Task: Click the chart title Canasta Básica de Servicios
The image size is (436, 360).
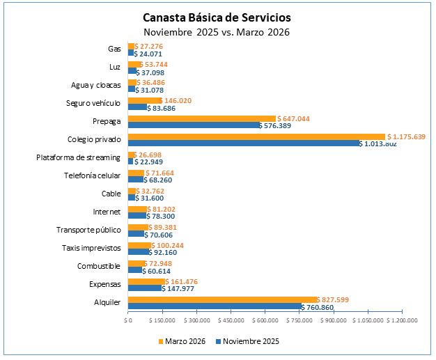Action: tap(217, 17)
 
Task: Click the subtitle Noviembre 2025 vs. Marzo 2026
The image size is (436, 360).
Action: tap(217, 32)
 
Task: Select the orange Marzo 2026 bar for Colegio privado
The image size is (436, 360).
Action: tap(256, 136)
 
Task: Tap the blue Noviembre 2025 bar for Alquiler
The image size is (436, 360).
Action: tap(215, 306)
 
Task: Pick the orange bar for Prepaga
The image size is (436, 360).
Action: tap(202, 118)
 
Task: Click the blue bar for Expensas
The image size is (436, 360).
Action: tap(145, 288)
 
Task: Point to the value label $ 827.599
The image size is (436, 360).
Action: tap(342, 299)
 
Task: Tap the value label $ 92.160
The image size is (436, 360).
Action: tap(168, 252)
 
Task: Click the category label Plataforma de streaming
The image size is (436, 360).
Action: tap(78, 157)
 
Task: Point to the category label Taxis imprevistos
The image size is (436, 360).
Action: tap(92, 248)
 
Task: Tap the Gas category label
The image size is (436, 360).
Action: tap(114, 49)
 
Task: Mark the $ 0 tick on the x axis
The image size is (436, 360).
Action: tap(128, 321)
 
